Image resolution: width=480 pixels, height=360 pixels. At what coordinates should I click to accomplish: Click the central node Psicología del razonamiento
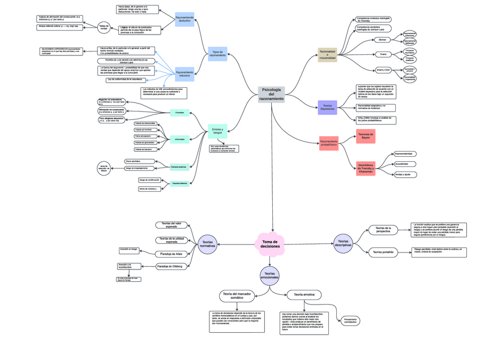(x=271, y=95)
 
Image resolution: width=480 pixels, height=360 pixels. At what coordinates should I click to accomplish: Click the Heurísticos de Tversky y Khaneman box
(x=366, y=168)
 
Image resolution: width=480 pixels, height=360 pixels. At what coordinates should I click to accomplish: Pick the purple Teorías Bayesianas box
(x=327, y=108)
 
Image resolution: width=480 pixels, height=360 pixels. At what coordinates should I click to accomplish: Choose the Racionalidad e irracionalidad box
(x=327, y=54)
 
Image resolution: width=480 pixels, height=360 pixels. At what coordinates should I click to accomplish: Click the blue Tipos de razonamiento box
(x=217, y=54)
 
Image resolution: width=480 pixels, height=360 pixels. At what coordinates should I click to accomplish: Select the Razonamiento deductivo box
(x=185, y=19)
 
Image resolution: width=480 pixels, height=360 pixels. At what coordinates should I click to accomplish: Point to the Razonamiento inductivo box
(x=185, y=74)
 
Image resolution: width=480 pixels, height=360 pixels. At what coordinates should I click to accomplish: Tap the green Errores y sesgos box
(x=217, y=131)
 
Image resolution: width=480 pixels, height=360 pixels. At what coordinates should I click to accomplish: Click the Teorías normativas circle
(x=208, y=244)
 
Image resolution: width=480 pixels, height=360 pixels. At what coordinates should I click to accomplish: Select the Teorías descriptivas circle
(x=343, y=243)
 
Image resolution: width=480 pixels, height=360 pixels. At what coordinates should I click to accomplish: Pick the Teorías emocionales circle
(x=270, y=276)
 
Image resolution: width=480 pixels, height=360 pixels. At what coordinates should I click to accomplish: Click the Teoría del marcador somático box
(x=237, y=295)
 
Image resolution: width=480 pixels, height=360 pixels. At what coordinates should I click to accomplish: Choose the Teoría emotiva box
(x=305, y=295)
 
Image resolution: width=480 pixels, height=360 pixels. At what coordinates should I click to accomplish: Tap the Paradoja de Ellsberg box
(x=170, y=266)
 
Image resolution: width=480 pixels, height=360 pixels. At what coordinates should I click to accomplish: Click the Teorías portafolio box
(x=384, y=252)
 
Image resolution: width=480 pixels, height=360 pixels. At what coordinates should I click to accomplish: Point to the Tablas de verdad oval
(x=104, y=27)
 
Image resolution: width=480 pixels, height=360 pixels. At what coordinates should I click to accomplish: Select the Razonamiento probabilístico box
(x=328, y=144)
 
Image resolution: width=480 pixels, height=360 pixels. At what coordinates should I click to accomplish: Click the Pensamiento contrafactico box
(x=350, y=321)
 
